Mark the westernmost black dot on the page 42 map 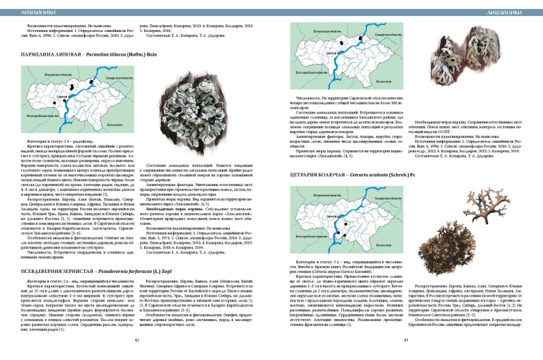tap(70, 90)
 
